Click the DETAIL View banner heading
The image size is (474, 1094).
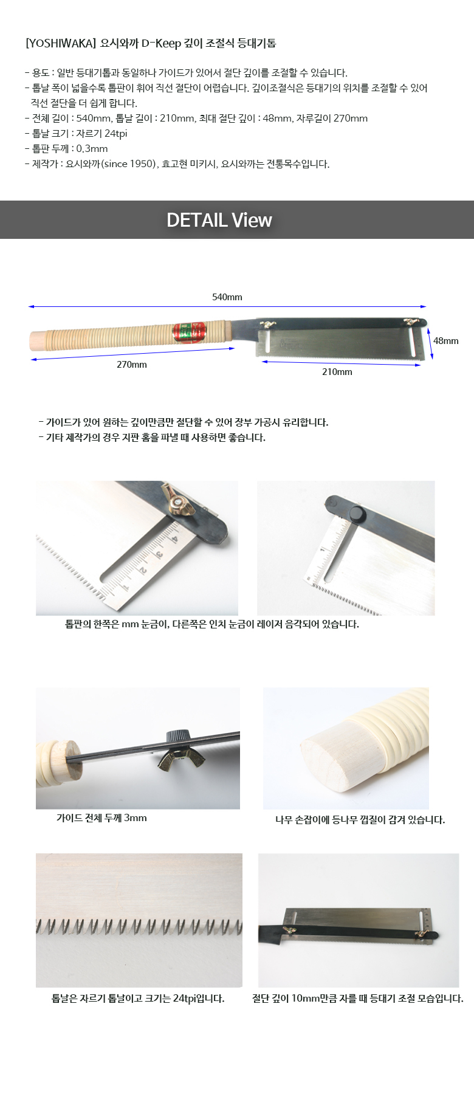click(219, 220)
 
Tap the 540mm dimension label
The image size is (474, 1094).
click(227, 297)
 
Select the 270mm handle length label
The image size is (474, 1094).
click(132, 365)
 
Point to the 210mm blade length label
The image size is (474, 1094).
click(337, 372)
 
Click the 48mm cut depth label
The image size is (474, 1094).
click(446, 341)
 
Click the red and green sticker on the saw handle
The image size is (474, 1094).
click(190, 332)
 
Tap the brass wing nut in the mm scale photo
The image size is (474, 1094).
click(174, 498)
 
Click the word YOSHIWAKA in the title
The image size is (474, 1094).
click(61, 43)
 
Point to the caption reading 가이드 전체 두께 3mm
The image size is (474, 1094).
click(101, 818)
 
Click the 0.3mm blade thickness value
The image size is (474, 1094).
click(92, 149)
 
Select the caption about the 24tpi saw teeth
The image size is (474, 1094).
click(138, 999)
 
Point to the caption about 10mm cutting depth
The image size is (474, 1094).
click(358, 999)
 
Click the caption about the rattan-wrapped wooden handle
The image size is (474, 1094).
click(360, 820)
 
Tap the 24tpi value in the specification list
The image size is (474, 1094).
click(115, 134)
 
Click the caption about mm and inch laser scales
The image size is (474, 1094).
click(212, 624)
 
